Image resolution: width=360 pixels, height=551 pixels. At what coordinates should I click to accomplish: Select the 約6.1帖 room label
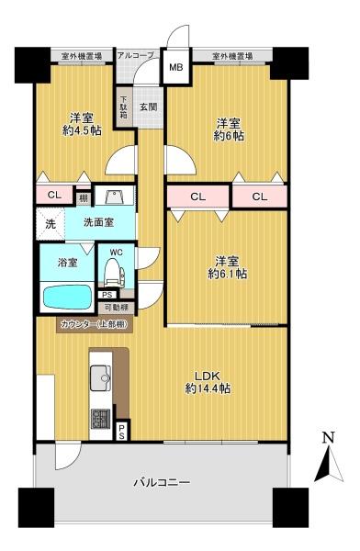tap(227, 266)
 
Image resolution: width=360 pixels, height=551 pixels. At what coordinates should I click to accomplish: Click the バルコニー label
tap(162, 481)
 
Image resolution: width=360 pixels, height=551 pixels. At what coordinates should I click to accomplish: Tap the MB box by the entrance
tap(174, 67)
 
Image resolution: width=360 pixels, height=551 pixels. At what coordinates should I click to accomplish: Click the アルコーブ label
tap(134, 57)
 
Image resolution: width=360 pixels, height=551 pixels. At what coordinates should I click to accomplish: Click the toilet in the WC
tap(113, 270)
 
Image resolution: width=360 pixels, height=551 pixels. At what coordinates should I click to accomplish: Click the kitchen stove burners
tap(100, 418)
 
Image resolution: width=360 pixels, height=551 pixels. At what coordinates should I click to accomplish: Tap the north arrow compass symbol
tap(326, 458)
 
